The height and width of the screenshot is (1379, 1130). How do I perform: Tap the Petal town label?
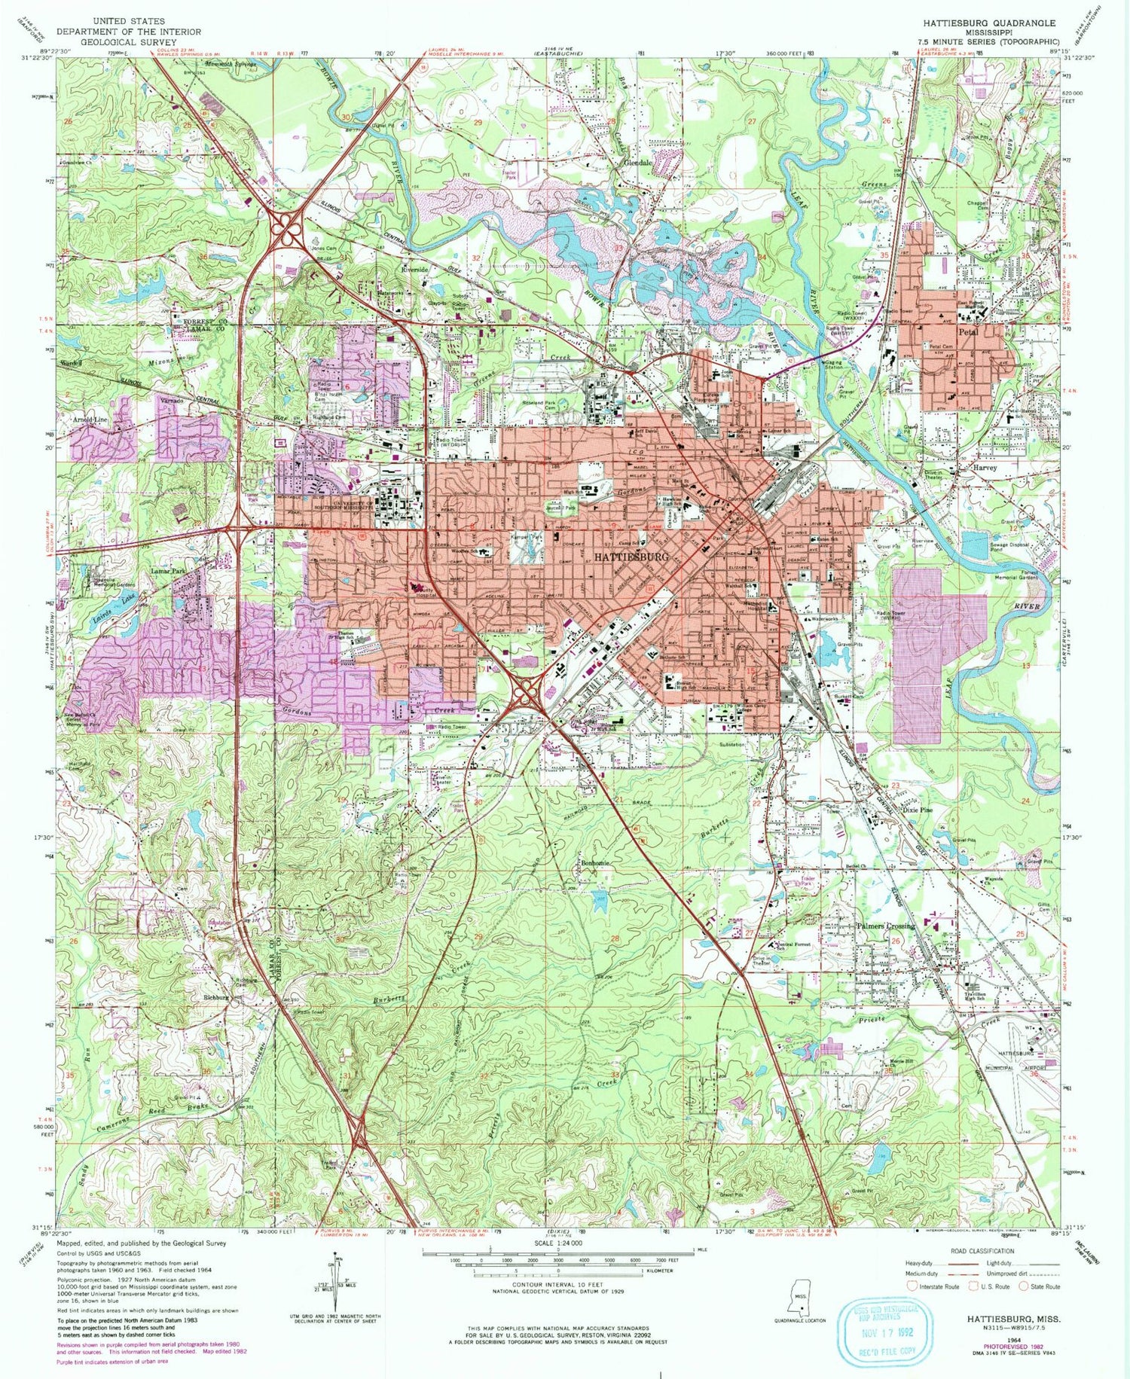pos(967,331)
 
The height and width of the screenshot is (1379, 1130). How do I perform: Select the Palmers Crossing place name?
pos(886,926)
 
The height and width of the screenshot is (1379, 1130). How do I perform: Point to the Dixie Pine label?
pos(916,810)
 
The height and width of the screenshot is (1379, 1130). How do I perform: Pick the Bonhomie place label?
pos(597,863)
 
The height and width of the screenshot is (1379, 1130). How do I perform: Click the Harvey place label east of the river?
pos(985,467)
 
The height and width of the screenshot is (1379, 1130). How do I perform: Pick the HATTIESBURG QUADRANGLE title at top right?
pos(993,23)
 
